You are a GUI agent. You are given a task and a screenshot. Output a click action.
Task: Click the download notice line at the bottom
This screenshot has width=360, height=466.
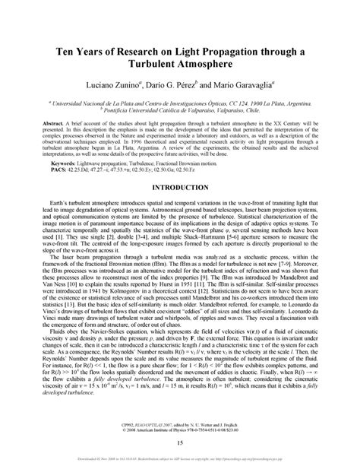(180, 460)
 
